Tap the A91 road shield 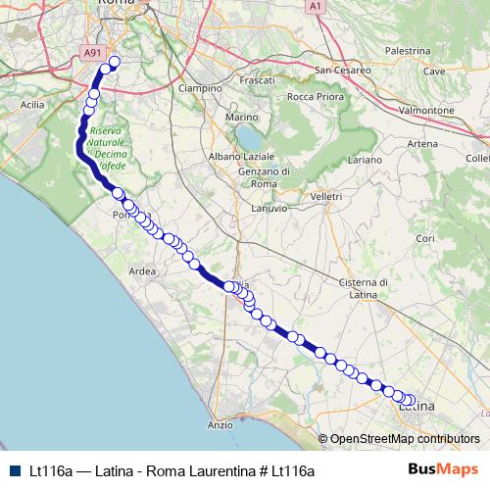pyautogui.click(x=92, y=54)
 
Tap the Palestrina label pyautogui.click(x=409, y=50)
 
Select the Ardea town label pyautogui.click(x=142, y=272)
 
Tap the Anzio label pyautogui.click(x=220, y=424)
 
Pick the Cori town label pyautogui.click(x=425, y=238)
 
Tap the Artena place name pyautogui.click(x=422, y=144)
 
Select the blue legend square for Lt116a pyautogui.click(x=14, y=470)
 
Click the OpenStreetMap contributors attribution pyautogui.click(x=405, y=438)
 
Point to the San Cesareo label pyautogui.click(x=342, y=71)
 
